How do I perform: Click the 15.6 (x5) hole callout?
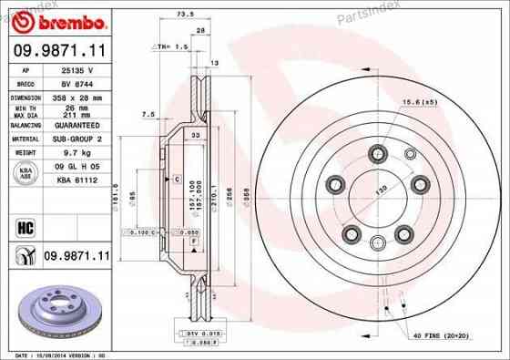point(421,101)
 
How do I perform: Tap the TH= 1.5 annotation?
point(171,45)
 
